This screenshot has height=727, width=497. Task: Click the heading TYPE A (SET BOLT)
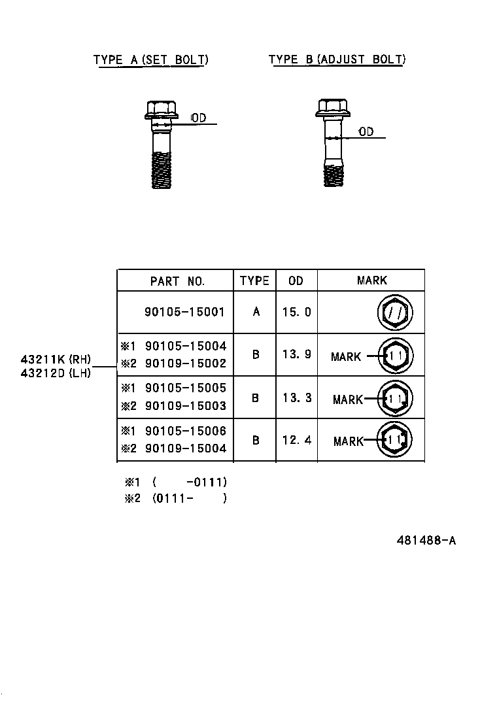pyautogui.click(x=150, y=60)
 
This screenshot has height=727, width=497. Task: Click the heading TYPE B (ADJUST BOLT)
pyautogui.click(x=337, y=60)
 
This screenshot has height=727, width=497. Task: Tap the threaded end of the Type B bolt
pyautogui.click(x=334, y=175)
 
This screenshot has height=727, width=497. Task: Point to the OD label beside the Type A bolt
pyautogui.click(x=199, y=118)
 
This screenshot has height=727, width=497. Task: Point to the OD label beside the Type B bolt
pyautogui.click(x=366, y=132)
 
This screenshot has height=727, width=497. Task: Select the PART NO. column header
pyautogui.click(x=177, y=281)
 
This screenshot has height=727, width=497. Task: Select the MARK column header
pyautogui.click(x=371, y=280)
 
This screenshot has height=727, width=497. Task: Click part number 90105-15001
pyautogui.click(x=184, y=312)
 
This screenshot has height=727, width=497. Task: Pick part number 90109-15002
pyautogui.click(x=185, y=363)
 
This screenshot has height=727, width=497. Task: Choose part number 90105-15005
pyautogui.click(x=185, y=388)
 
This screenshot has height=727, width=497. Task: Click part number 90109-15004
pyautogui.click(x=185, y=448)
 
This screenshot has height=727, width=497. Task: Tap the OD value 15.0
pyautogui.click(x=296, y=312)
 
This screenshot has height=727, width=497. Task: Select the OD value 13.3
pyautogui.click(x=296, y=397)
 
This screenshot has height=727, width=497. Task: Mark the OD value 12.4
pyautogui.click(x=296, y=440)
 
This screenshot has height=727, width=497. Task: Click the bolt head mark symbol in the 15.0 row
pyautogui.click(x=395, y=314)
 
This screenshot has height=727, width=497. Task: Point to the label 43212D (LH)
pyautogui.click(x=55, y=373)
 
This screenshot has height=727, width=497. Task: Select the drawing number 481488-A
pyautogui.click(x=426, y=541)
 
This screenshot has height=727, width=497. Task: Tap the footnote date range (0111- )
pyautogui.click(x=190, y=499)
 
